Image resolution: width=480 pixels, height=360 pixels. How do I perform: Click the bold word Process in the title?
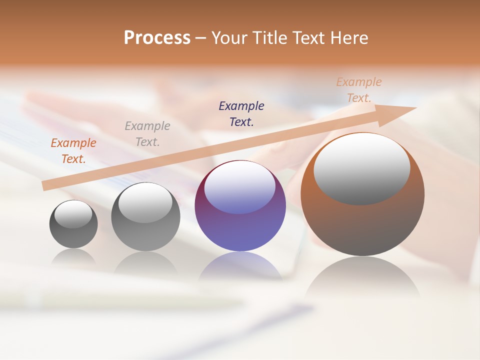click(157, 38)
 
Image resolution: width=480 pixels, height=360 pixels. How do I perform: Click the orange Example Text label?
click(73, 151)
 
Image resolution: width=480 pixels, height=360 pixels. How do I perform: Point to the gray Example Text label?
click(147, 134)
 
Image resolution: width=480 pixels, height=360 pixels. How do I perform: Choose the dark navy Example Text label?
click(241, 114)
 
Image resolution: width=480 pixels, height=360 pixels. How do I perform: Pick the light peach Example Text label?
click(359, 90)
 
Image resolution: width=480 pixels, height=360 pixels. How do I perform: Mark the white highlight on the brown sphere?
click(361, 169)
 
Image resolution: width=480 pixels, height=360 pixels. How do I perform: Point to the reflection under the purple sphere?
click(240, 265)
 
